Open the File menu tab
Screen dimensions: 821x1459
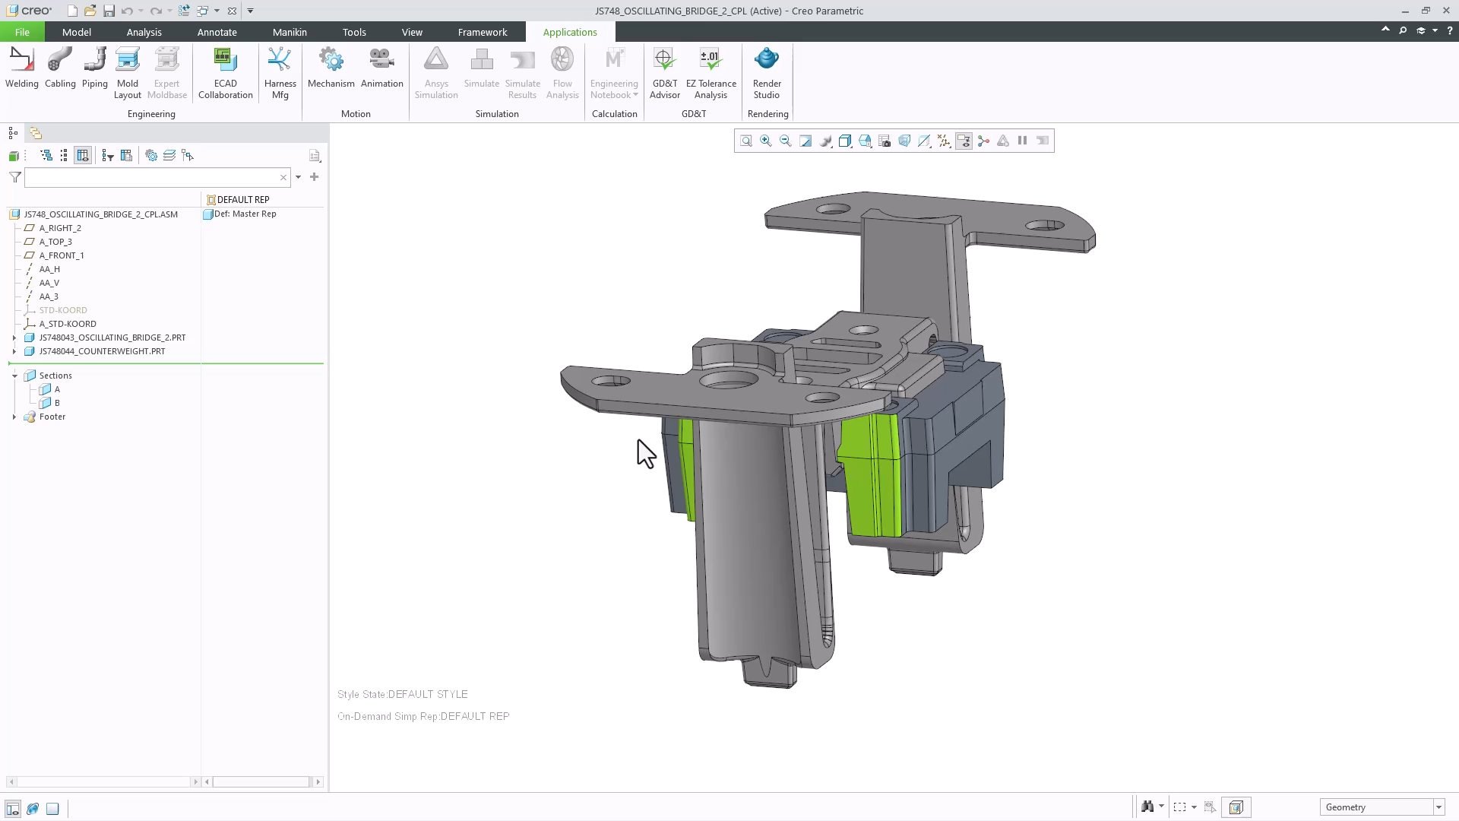coord(22,32)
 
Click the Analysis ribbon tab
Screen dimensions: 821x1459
coord(144,32)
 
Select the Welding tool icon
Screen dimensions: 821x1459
coord(21,60)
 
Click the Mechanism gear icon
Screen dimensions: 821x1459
coord(331,60)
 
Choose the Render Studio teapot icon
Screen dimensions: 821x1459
coord(766,60)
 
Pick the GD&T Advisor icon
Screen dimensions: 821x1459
coord(664,60)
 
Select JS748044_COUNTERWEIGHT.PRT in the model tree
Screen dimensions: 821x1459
coord(102,351)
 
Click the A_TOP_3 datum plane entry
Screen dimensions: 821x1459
coord(55,242)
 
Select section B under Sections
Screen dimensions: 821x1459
coord(56,403)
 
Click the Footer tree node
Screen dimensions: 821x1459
coord(52,417)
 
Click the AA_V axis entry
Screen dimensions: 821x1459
coord(49,283)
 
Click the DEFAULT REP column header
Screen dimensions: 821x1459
coord(242,199)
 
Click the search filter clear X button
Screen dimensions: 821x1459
coord(283,177)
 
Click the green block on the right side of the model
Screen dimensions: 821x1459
coord(870,475)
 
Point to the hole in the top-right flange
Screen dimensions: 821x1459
coord(1044,225)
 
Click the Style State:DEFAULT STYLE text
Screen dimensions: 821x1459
coord(403,694)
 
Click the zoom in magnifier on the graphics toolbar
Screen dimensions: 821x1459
coord(765,141)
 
